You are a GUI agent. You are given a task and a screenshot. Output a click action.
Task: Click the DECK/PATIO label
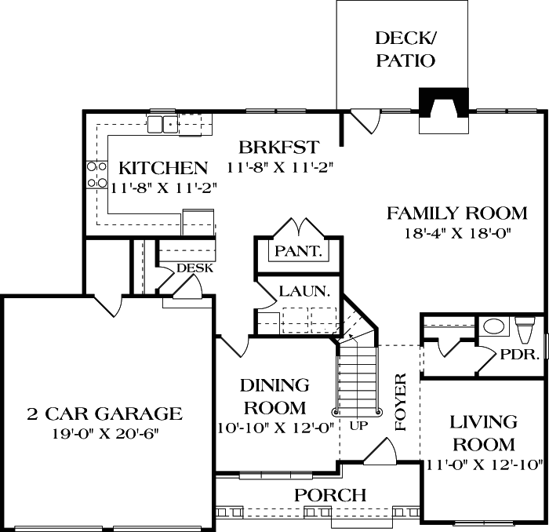coord(405,49)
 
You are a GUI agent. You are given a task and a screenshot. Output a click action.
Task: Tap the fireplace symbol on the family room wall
coord(444,111)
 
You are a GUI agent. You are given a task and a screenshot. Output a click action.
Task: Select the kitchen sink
coord(162,124)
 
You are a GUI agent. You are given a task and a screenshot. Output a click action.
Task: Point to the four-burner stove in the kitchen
coord(97,175)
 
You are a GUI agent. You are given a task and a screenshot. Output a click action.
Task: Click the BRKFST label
coord(279,147)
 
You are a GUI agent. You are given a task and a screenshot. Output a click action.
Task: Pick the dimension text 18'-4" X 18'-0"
coord(458,233)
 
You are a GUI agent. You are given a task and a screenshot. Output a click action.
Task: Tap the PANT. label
coord(298,251)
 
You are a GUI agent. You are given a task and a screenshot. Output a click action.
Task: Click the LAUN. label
coord(304,291)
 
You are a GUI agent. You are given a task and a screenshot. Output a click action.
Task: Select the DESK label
coord(195,268)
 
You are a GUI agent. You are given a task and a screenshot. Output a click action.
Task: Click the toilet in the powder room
coord(526,330)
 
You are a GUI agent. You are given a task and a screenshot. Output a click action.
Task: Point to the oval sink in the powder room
coord(493,326)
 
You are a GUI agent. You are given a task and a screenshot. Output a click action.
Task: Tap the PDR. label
coord(519,355)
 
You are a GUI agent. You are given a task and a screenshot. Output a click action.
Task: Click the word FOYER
coord(400,402)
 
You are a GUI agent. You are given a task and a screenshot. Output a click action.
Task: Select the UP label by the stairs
coord(359,426)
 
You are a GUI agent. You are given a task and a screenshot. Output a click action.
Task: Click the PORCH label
coord(330,495)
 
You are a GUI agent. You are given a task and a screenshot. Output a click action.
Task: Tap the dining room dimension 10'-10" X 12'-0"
coord(274,428)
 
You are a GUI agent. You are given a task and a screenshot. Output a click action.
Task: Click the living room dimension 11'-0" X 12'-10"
coord(484,465)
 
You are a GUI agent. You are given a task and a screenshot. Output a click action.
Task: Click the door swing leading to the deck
coord(365,121)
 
